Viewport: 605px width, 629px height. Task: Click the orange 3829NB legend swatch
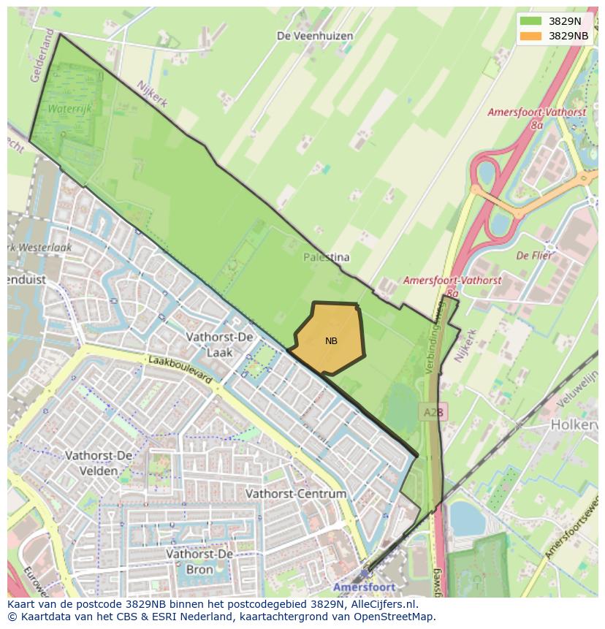pos(532,36)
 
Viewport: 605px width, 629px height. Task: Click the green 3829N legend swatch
pos(532,21)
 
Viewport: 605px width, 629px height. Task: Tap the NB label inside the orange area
pos(331,341)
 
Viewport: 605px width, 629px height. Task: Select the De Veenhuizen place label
pos(315,36)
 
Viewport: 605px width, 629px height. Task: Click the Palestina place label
pos(327,257)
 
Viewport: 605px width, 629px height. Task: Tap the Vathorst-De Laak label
pos(219,344)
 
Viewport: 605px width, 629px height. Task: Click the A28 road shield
pos(433,413)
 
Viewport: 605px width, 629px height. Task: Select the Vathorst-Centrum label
pos(295,494)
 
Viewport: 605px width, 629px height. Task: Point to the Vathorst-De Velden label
pos(99,463)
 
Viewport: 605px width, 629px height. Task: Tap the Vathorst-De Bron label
pos(199,562)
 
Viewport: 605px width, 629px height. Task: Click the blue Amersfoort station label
pos(364,587)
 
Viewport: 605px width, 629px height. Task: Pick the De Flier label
pos(533,256)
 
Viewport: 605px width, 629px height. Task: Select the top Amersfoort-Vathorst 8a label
pos(536,118)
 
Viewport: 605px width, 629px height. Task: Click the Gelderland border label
pos(41,56)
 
